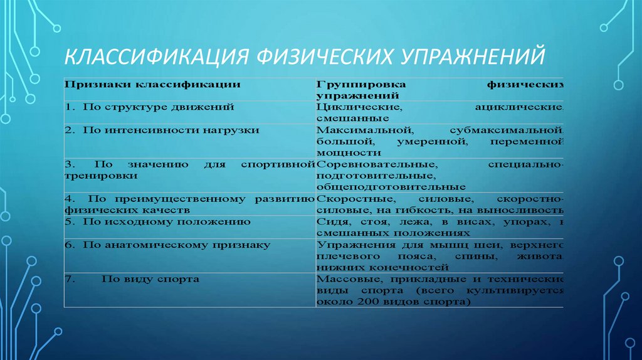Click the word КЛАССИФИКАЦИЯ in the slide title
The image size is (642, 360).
[154, 57]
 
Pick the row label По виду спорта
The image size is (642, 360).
[150, 278]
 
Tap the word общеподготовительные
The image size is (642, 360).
[391, 187]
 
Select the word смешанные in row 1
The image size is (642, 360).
[345, 118]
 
